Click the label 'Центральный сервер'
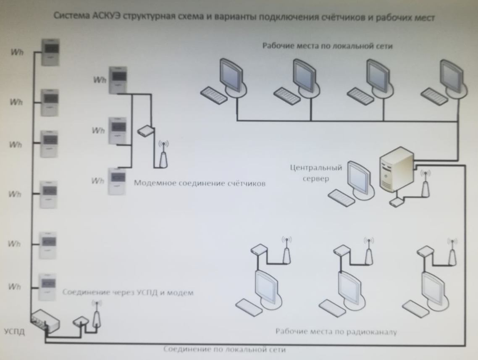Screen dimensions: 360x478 [x=316, y=173]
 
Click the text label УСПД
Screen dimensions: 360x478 [x=15, y=332]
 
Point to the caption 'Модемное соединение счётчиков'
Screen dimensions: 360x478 [x=200, y=183]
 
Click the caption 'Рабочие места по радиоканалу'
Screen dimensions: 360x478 [x=336, y=331]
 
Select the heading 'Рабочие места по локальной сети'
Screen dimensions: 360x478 [x=327, y=46]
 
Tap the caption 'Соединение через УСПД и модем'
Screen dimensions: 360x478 [x=128, y=292]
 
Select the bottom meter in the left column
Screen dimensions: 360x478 [x=47, y=287]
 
